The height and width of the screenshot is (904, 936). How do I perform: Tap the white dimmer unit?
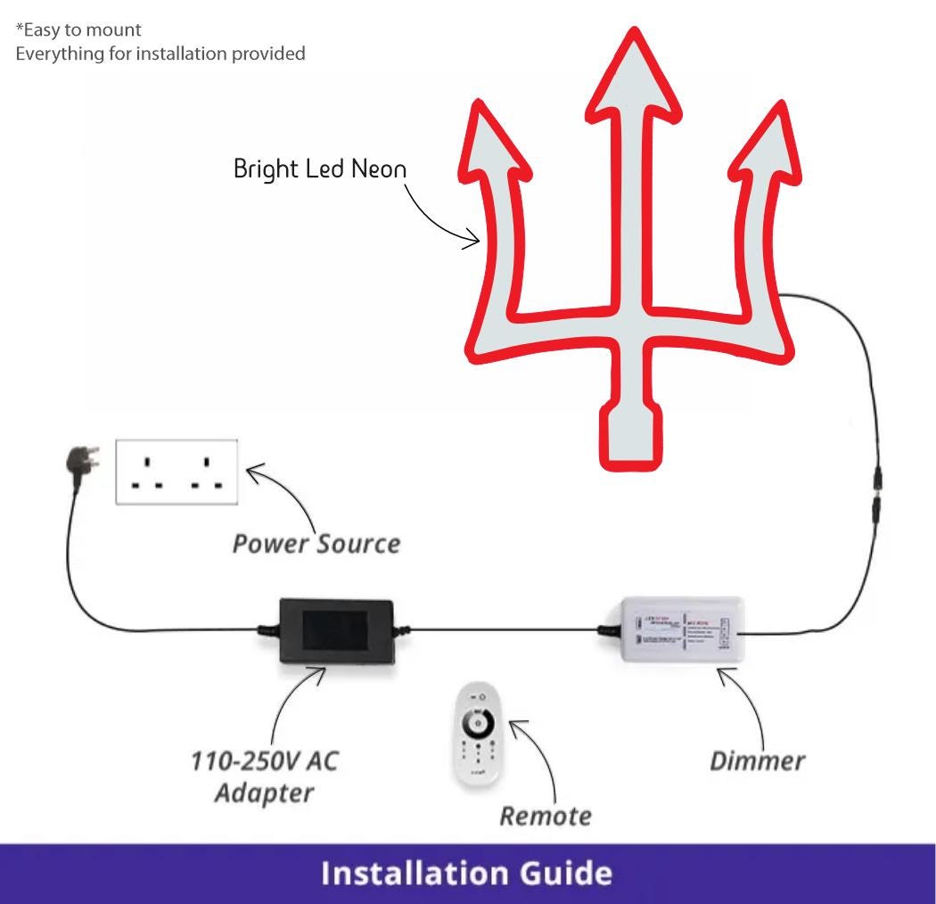point(675,630)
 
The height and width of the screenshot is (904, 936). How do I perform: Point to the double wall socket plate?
point(177,472)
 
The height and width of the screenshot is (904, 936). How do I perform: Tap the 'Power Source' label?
point(316,543)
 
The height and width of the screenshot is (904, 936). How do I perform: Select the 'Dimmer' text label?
point(757,760)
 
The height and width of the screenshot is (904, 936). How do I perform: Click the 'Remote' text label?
point(545,815)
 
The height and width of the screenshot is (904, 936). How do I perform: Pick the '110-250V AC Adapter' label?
point(265,777)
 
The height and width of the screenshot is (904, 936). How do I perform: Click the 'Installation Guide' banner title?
point(467,873)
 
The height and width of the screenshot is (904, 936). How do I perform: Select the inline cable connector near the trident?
point(880,485)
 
